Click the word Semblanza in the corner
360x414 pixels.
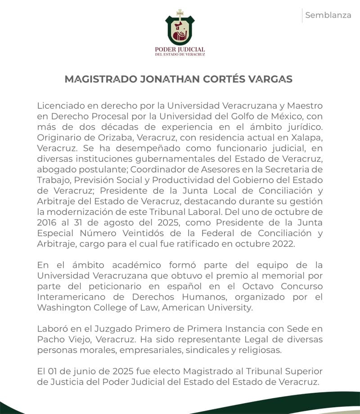pos(328,15)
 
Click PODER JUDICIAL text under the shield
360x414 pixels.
pos(180,49)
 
